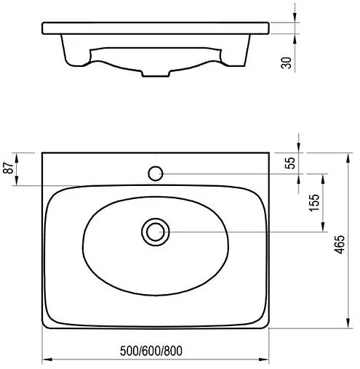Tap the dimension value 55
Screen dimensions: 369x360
click(x=291, y=163)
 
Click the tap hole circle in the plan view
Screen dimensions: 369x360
click(x=156, y=174)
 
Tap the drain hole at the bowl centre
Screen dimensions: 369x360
click(x=154, y=232)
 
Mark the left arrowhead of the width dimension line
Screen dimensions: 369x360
click(x=45, y=360)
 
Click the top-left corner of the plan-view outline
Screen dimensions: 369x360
click(x=42, y=153)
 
